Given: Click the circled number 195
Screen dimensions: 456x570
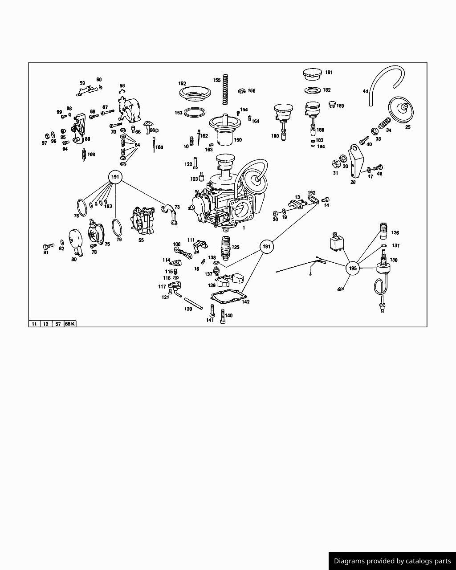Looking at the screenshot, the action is click(353, 269).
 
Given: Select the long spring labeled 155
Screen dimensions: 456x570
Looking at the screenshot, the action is click(225, 89).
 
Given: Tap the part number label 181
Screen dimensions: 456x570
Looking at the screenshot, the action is click(329, 72).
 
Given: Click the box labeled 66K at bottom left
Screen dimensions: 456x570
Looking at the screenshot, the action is click(70, 324).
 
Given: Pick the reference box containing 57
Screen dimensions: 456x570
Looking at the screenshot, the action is click(58, 324).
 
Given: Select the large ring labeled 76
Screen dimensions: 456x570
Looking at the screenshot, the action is click(82, 208).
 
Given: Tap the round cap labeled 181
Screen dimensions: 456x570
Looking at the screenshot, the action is click(312, 74).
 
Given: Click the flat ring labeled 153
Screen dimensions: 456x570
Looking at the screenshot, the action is click(194, 112).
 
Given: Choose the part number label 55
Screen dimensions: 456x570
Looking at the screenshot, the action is click(141, 240).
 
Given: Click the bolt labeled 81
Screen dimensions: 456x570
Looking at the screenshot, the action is click(49, 246).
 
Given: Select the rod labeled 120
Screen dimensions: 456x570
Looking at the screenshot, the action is click(193, 304).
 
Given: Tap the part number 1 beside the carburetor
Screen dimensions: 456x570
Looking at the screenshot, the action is click(244, 228).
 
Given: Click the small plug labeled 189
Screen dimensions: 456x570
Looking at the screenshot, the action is click(332, 104).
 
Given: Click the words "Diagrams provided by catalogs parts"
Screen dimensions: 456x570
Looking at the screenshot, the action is click(392, 561).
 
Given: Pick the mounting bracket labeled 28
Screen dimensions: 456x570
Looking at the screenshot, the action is click(356, 161).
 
